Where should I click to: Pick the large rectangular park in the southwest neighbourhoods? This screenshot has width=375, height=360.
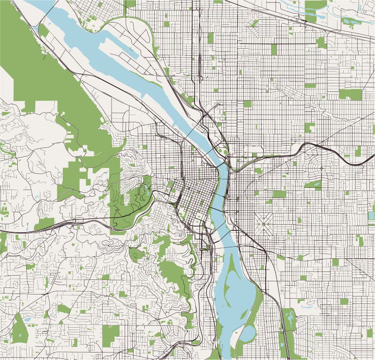[111, 333]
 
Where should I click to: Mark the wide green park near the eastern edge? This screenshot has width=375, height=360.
[350, 94]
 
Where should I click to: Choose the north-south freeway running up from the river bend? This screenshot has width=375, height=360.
[199, 61]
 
